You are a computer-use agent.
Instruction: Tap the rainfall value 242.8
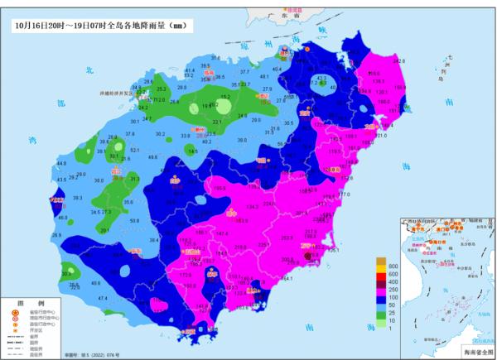398,61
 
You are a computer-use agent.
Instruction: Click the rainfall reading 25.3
162,88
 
